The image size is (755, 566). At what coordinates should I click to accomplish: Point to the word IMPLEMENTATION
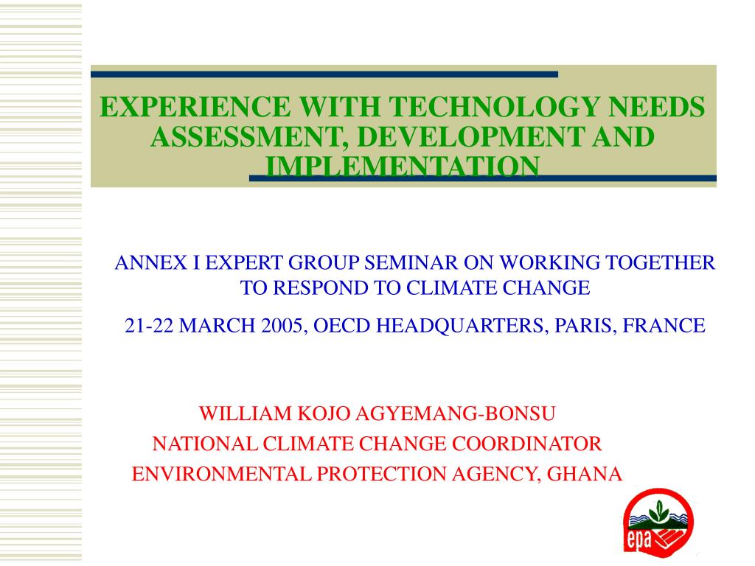click(x=402, y=167)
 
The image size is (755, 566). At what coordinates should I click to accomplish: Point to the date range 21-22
click(x=149, y=326)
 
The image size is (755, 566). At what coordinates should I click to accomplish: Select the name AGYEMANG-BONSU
click(x=457, y=413)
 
